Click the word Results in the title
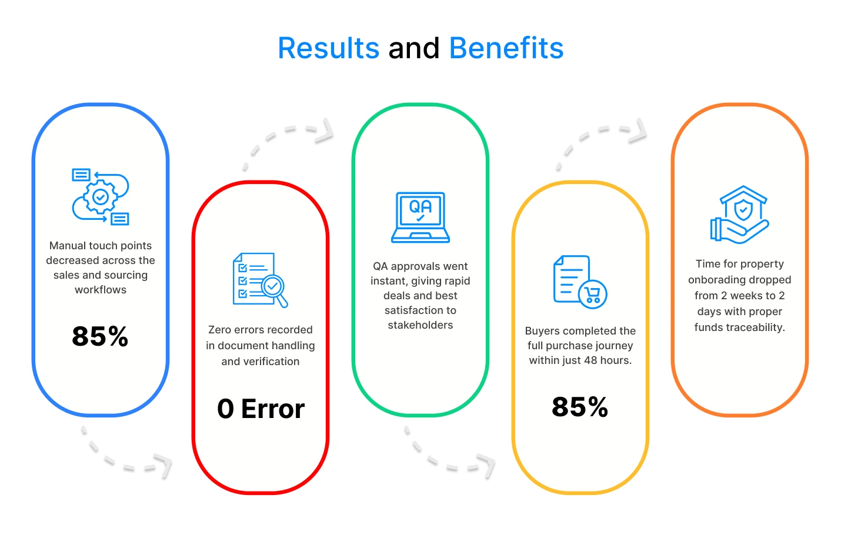pos(329,48)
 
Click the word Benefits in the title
pos(506,48)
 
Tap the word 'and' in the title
pos(414,48)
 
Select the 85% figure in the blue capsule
pos(100,336)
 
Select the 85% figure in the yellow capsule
pos(580,407)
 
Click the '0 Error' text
pos(261,409)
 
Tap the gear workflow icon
pos(101,197)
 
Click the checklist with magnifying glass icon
pos(260,280)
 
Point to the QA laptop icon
pos(420,218)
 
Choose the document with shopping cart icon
pos(580,282)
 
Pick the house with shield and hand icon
pos(740,215)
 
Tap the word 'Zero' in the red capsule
pos(219,330)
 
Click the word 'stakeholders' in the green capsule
pos(420,325)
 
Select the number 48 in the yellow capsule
pos(590,360)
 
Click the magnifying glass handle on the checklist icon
pos(282,300)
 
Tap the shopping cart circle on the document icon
pos(593,295)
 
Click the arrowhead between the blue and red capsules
pos(163,466)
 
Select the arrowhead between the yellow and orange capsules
pos(638,131)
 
